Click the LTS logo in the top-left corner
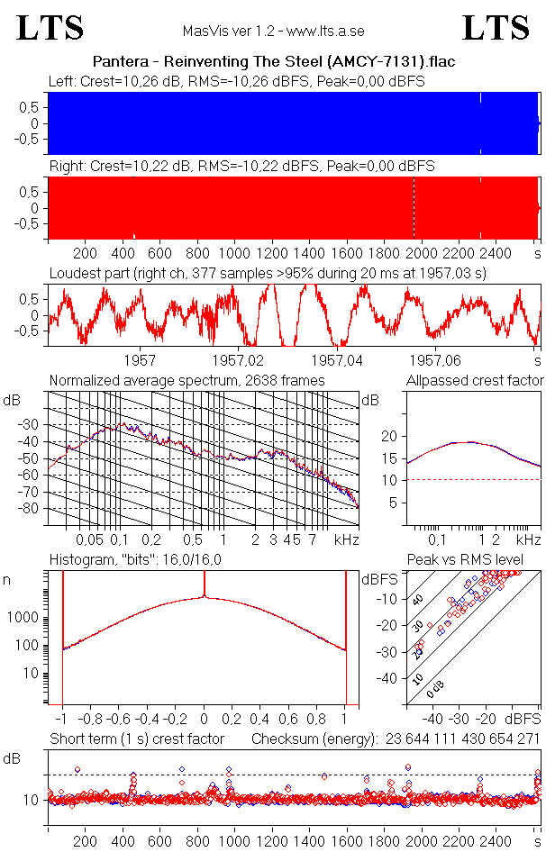[50, 28]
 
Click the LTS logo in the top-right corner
[496, 28]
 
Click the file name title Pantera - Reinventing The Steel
[273, 62]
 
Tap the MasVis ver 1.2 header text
[273, 31]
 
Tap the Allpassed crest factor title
[475, 381]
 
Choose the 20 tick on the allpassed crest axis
[390, 436]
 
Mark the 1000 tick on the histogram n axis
[23, 618]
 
